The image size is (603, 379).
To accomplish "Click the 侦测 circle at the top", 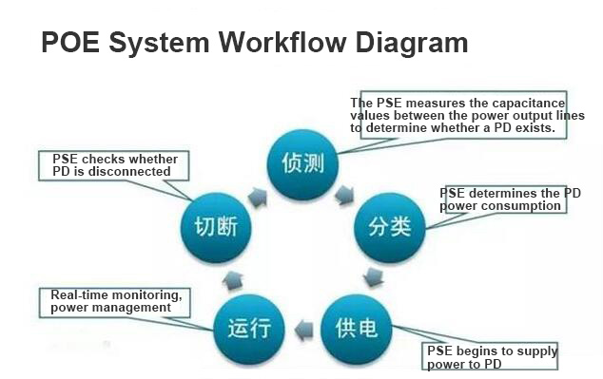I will (x=302, y=162).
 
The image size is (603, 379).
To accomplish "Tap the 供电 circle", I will (x=357, y=328).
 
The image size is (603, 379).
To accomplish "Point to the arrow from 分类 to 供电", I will (x=375, y=278).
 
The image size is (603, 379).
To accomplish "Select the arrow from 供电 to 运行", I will (x=302, y=331).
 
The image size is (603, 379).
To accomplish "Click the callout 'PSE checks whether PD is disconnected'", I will (x=113, y=165).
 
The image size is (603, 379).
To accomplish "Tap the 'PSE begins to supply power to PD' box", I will (x=491, y=357).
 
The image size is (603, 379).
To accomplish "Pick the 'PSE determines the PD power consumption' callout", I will (x=511, y=199).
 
